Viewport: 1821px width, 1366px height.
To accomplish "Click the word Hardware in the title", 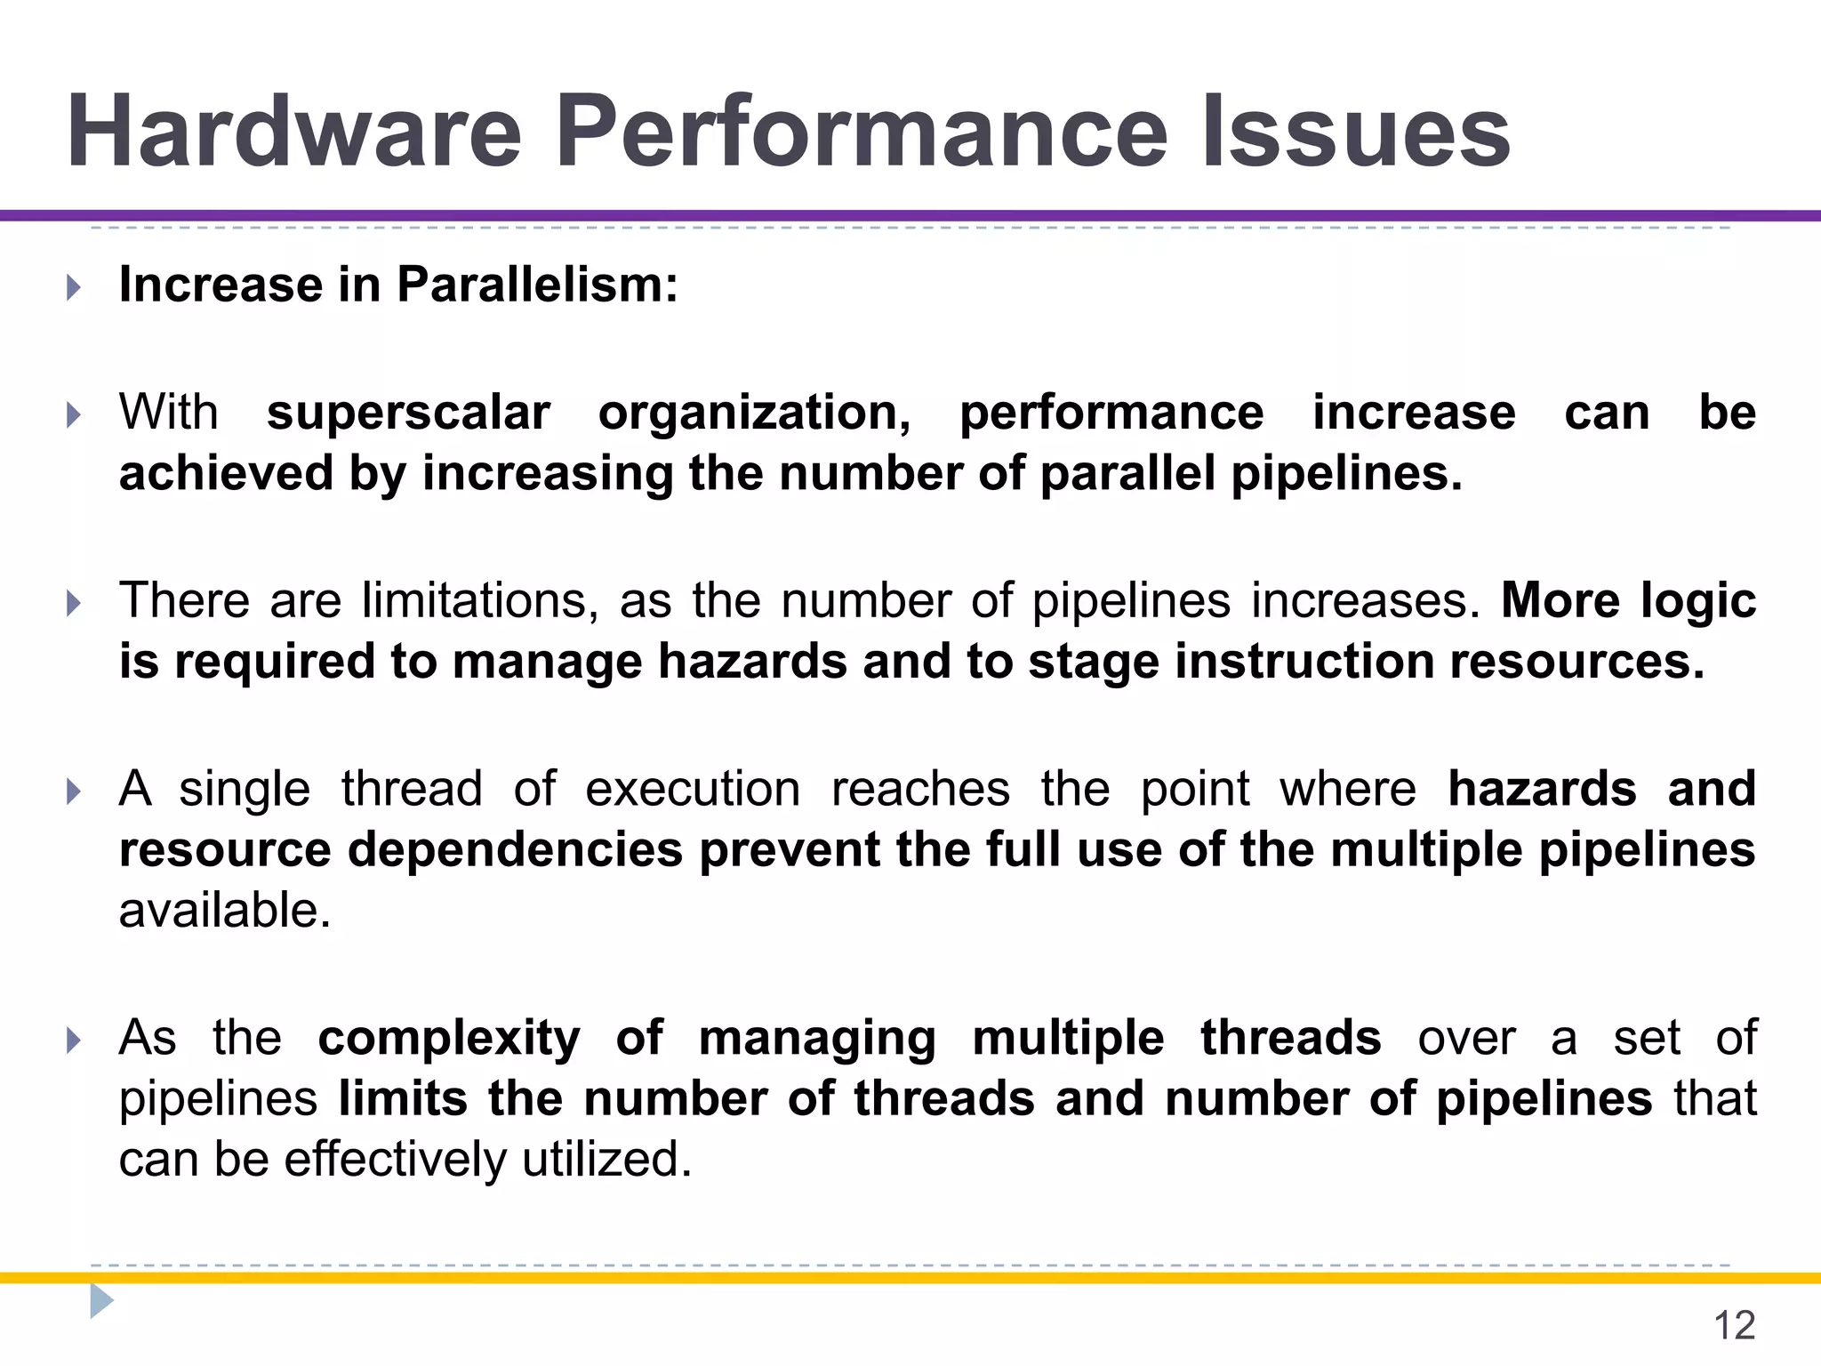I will pyautogui.click(x=293, y=132).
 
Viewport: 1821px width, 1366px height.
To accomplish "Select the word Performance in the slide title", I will pyautogui.click(x=861, y=132).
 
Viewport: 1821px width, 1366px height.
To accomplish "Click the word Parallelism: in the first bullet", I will pyautogui.click(x=537, y=285).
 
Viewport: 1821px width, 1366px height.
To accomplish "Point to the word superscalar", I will pyautogui.click(x=408, y=413).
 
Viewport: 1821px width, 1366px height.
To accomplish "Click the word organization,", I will pyautogui.click(x=754, y=413).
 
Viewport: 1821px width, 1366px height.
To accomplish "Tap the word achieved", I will pyautogui.click(x=224, y=473).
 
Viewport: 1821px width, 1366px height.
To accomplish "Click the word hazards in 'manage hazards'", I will pyautogui.click(x=752, y=662).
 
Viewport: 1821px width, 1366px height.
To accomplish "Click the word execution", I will pyautogui.click(x=693, y=789).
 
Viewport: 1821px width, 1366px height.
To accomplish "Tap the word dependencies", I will pyautogui.click(x=514, y=850).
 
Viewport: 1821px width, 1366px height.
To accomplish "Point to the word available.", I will pyautogui.click(x=224, y=911).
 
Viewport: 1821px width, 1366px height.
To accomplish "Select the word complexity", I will pyautogui.click(x=449, y=1038).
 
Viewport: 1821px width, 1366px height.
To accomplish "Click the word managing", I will pyautogui.click(x=817, y=1038).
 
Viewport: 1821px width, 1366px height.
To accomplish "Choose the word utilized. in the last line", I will pyautogui.click(x=607, y=1160).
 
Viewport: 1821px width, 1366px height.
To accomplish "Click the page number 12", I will pyautogui.click(x=1734, y=1326).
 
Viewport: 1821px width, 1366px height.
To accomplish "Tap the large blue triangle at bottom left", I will pyautogui.click(x=101, y=1301).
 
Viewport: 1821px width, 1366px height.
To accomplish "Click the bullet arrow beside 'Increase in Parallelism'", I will pyautogui.click(x=74, y=287).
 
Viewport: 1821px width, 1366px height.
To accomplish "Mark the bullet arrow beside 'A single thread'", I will pyautogui.click(x=74, y=791).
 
